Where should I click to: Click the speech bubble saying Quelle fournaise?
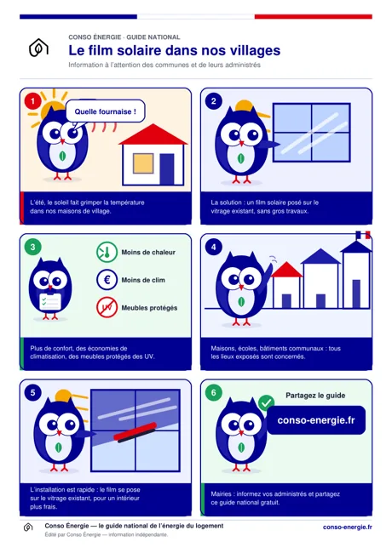click(105, 111)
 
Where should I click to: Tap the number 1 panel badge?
click(33, 101)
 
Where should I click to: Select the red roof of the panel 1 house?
click(153, 134)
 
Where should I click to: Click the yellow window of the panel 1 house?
click(143, 163)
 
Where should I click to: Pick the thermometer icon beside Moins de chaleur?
click(107, 252)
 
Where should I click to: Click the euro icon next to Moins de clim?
click(107, 280)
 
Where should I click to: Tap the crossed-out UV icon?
click(107, 307)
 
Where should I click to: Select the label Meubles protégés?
click(149, 308)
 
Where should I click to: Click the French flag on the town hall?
click(363, 235)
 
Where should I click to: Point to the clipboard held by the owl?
click(50, 301)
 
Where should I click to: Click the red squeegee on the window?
click(135, 432)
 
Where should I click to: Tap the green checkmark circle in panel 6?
click(266, 402)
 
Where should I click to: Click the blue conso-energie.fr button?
click(316, 420)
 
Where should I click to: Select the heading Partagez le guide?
click(315, 396)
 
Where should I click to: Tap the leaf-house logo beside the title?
click(38, 48)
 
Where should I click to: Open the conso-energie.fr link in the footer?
click(348, 527)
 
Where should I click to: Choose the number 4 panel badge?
click(214, 247)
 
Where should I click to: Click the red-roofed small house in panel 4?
click(286, 285)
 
